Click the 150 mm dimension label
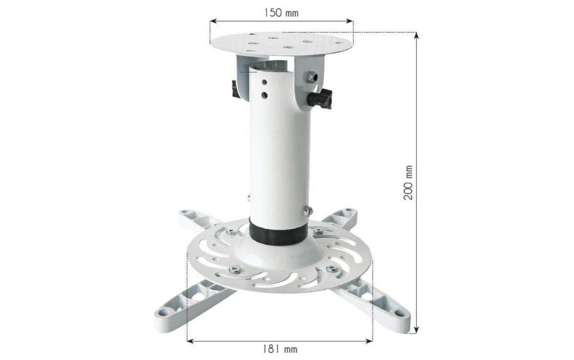point(281,13)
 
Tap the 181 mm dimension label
point(280,349)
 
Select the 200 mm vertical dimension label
point(408,183)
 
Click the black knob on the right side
point(320,99)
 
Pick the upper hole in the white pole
point(264,82)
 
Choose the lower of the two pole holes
point(264,95)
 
